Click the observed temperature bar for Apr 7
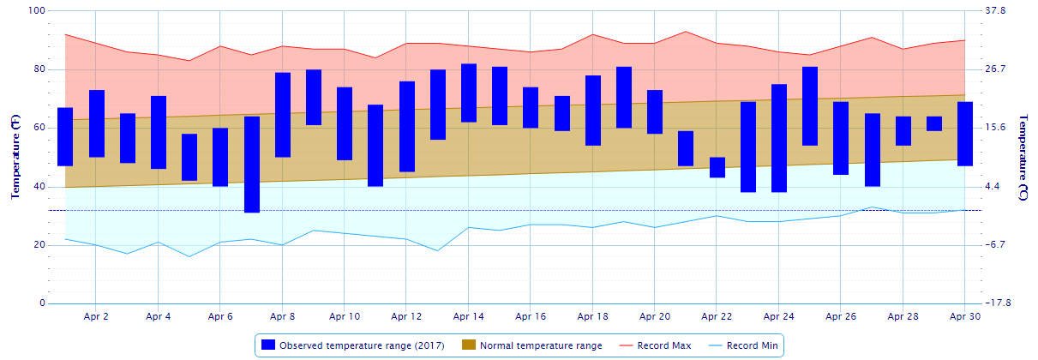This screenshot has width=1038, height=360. [x=252, y=165]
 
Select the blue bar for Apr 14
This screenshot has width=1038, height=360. [x=469, y=93]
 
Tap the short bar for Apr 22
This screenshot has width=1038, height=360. [x=717, y=167]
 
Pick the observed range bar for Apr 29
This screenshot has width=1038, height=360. [x=934, y=123]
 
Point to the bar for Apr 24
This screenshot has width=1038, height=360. [x=779, y=138]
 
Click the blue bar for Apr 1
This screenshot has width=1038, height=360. [x=65, y=136]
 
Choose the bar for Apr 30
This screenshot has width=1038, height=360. [x=965, y=134]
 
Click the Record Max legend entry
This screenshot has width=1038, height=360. [x=663, y=345]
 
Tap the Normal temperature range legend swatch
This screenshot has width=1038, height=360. [x=468, y=345]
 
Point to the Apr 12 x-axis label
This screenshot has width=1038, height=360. [x=406, y=316]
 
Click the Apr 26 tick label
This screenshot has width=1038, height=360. [x=841, y=316]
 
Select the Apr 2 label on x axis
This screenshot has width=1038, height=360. [x=96, y=316]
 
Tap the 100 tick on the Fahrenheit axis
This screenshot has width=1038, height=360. [x=36, y=11]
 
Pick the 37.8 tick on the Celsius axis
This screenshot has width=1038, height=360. [x=996, y=11]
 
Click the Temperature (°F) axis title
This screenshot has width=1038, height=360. [x=15, y=157]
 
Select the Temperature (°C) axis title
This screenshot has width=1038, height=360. [x=1024, y=157]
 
